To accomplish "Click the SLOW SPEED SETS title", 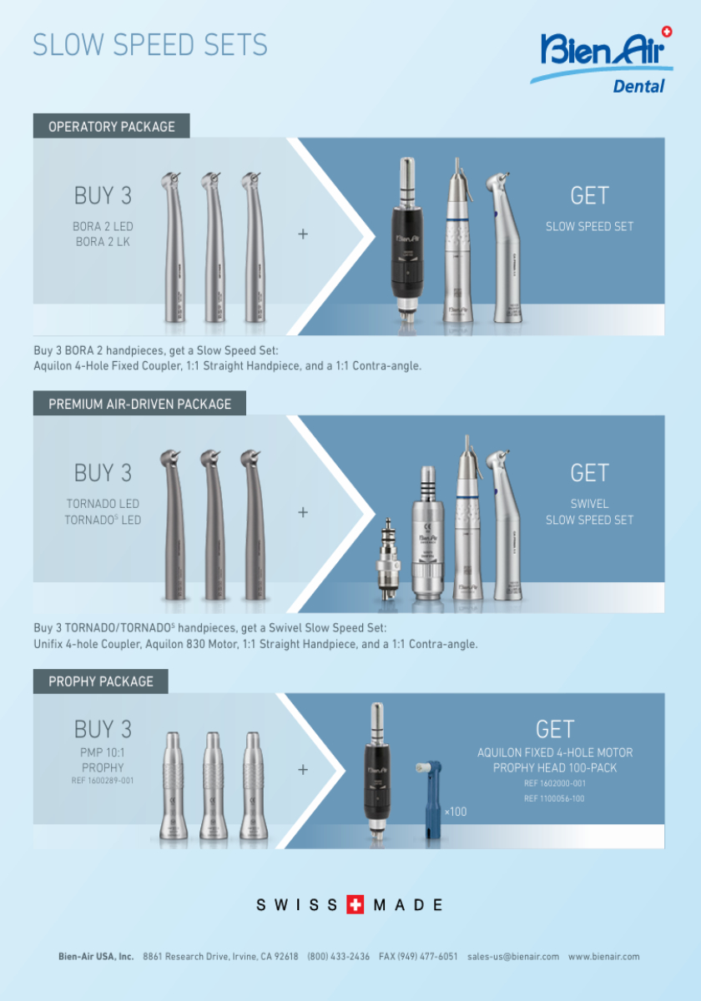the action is [x=150, y=45].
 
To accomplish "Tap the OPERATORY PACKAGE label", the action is [x=111, y=127].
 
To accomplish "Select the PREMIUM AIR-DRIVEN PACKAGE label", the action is [x=139, y=404].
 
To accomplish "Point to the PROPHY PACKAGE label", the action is [x=101, y=682].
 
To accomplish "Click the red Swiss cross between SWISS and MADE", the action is [x=356, y=905].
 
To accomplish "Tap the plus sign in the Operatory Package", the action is [x=303, y=234].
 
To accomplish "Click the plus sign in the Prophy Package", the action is [x=303, y=769].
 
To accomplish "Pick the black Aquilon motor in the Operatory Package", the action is [x=407, y=239].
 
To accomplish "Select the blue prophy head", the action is [x=430, y=799].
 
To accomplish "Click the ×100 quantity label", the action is [x=456, y=812].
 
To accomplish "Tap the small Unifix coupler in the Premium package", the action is [x=387, y=559].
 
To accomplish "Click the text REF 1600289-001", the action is [x=103, y=780].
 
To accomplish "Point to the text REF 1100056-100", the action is [x=554, y=798].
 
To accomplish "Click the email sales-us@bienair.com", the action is [x=513, y=956].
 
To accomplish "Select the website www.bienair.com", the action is [x=604, y=956].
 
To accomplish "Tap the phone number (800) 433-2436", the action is [x=339, y=956].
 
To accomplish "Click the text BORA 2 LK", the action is [x=103, y=242].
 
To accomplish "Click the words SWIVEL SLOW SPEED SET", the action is [x=590, y=511].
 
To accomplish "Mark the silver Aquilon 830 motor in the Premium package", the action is [x=428, y=533].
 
